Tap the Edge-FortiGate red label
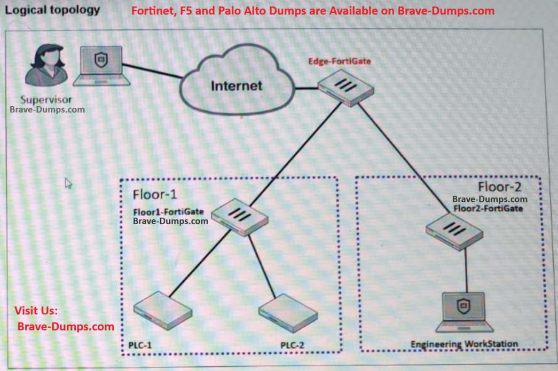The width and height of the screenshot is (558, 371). (339, 61)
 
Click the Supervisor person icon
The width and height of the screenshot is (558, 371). (48, 66)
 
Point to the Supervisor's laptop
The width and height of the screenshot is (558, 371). (101, 66)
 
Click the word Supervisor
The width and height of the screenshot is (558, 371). (46, 99)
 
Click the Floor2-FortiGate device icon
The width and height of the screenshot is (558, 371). (454, 230)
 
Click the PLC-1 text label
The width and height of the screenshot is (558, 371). (140, 345)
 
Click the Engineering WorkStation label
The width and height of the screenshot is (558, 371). (464, 344)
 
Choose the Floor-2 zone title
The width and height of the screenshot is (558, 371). (499, 187)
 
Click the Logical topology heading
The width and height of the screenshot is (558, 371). (52, 10)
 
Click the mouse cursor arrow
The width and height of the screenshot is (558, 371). (68, 183)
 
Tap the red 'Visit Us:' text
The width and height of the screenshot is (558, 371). (36, 311)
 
